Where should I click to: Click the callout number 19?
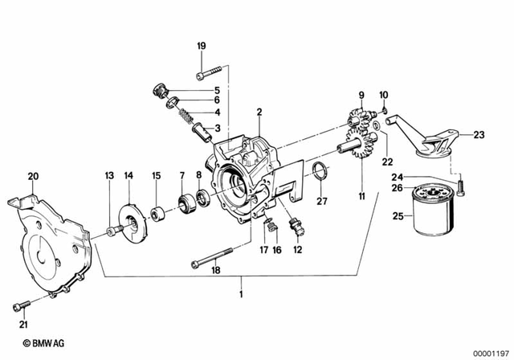201,46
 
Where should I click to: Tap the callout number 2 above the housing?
259,112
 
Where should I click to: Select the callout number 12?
298,250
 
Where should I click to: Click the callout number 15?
157,175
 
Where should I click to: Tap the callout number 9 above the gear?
361,94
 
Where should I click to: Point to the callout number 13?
109,175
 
